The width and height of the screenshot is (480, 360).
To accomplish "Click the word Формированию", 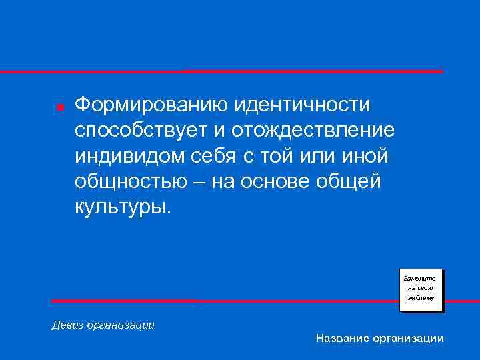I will click(x=144, y=105).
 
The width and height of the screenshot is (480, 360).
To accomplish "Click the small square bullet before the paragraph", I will click(x=59, y=107).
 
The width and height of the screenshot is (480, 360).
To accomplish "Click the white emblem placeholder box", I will click(x=421, y=290).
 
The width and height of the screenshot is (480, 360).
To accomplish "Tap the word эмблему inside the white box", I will click(x=421, y=299).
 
